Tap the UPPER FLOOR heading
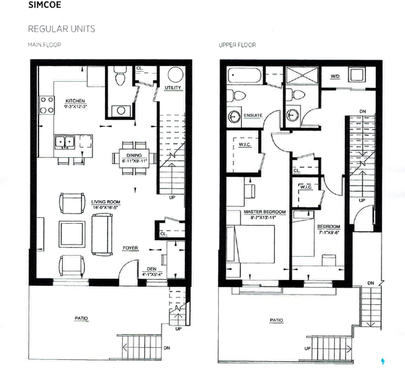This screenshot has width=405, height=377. click(237, 46)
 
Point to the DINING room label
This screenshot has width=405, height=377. click(133, 156)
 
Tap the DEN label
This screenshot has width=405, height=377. click(152, 269)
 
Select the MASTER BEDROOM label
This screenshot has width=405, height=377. click(265, 212)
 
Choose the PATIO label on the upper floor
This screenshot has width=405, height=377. click(276, 321)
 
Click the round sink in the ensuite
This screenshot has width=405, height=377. click(234, 117)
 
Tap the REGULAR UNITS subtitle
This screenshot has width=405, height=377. click(61, 30)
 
